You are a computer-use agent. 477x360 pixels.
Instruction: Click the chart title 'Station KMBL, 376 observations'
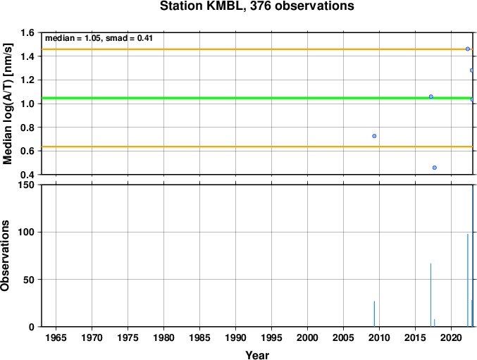click(256, 6)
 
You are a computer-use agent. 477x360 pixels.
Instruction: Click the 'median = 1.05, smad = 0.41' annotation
click(99, 38)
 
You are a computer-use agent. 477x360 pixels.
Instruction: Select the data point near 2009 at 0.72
click(374, 136)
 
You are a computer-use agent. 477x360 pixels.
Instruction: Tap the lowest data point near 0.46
click(435, 168)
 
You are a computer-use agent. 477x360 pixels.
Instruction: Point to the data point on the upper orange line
click(468, 49)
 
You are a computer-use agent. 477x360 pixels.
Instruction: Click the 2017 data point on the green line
click(430, 97)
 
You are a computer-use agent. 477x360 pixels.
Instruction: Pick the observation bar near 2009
click(374, 314)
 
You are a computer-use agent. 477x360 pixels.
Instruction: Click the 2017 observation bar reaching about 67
click(430, 295)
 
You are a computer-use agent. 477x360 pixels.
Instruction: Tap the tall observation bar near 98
click(468, 280)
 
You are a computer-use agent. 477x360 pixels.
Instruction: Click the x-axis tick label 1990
click(236, 337)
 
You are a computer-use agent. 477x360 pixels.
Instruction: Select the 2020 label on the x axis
click(451, 337)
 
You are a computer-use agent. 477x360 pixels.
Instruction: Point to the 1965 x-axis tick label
click(56, 337)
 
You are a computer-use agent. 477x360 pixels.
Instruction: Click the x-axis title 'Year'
click(257, 355)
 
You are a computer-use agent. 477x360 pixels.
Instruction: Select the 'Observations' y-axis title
click(5, 256)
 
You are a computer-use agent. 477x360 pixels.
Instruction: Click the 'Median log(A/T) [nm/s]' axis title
click(7, 104)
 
